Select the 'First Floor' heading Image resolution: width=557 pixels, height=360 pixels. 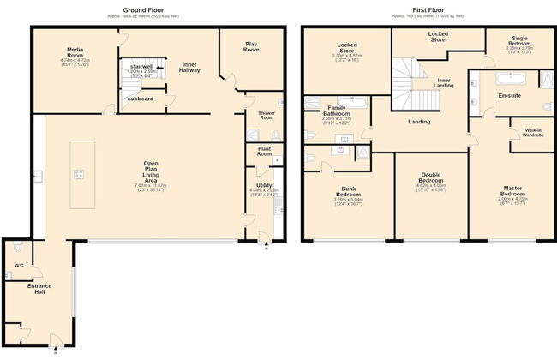[x=418, y=9]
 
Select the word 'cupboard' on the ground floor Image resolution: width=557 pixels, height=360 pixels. [x=140, y=99]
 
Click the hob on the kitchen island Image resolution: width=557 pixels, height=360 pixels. [x=79, y=174]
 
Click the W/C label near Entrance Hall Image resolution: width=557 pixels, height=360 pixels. [x=19, y=265]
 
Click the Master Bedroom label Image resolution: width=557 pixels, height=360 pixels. [x=512, y=192]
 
